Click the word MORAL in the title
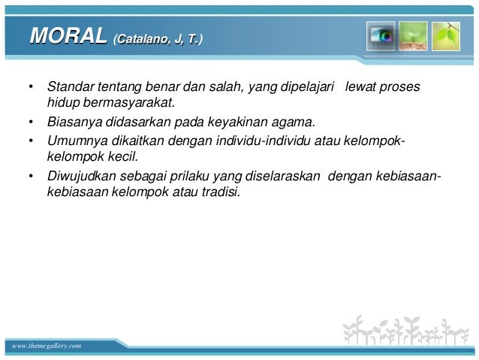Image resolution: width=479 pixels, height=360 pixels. click(x=67, y=36)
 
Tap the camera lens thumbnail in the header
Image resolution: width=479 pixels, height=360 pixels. click(x=381, y=37)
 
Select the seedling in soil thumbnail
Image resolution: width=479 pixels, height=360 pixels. click(x=414, y=37)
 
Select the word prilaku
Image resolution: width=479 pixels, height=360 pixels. click(x=173, y=176)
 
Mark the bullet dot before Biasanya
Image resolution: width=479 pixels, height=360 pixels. click(x=30, y=123)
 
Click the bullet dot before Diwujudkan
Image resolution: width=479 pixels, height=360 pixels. click(x=30, y=177)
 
